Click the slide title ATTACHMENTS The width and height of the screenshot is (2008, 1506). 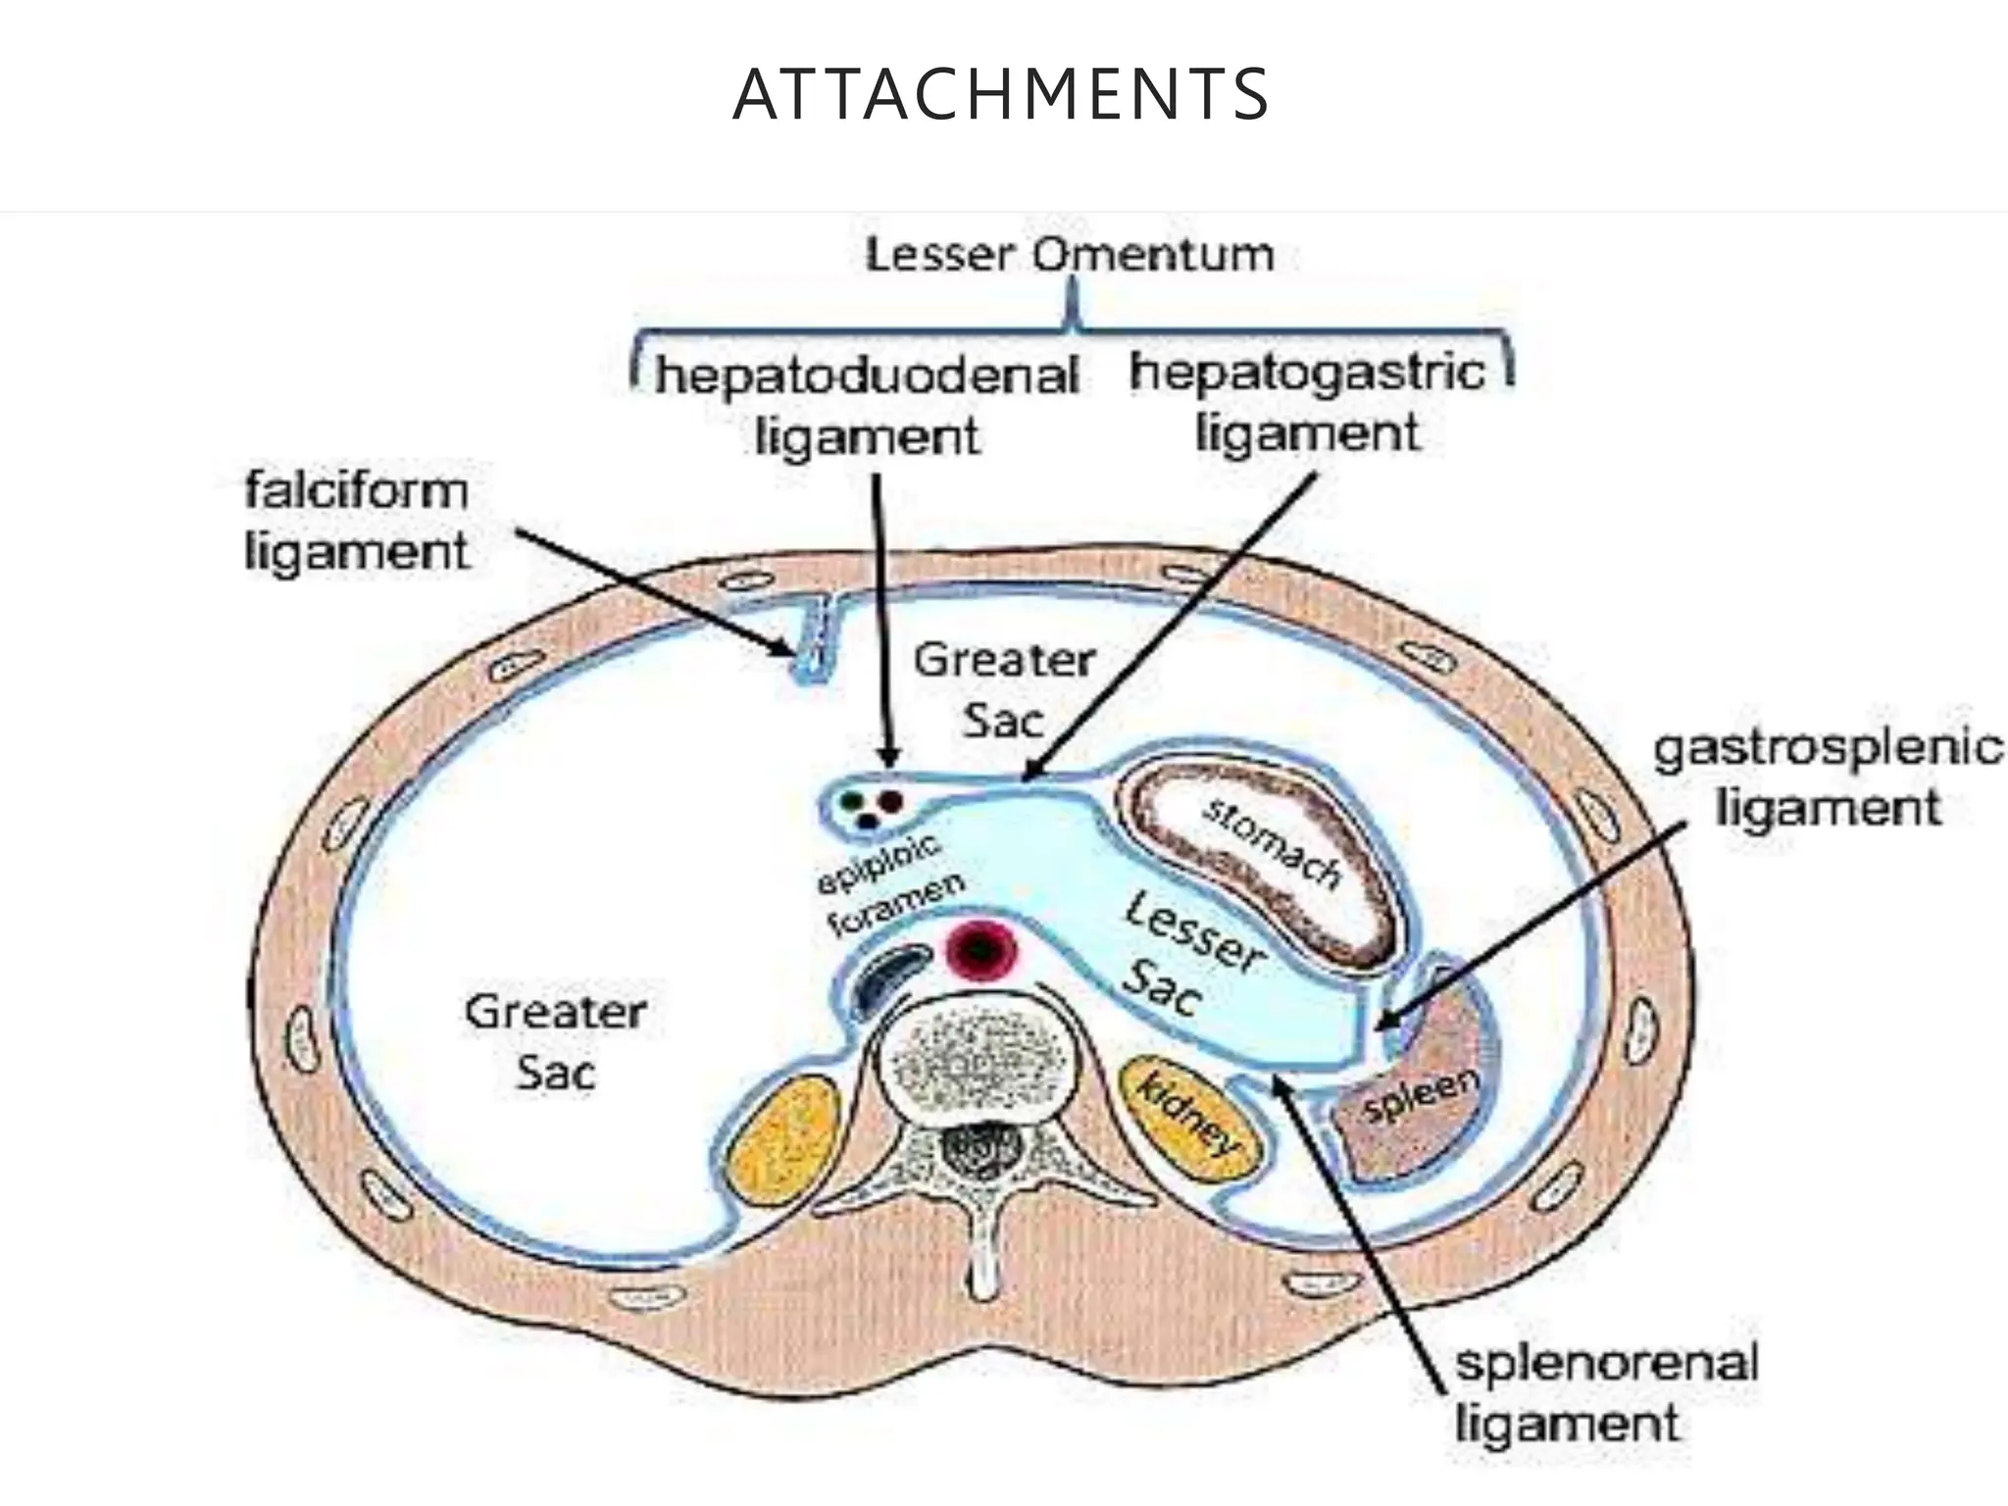tap(1001, 95)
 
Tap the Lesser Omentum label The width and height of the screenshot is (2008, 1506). tap(1070, 255)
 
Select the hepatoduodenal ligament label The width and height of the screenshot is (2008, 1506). tap(867, 405)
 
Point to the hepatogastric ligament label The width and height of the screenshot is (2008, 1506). tap(1307, 402)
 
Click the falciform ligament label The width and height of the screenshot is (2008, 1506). tap(356, 520)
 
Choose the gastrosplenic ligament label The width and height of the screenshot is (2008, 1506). tap(1828, 778)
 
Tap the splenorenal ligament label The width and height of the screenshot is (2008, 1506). tap(1606, 1392)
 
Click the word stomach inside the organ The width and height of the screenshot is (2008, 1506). tap(1273, 843)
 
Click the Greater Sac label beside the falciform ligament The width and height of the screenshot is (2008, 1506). tap(1004, 690)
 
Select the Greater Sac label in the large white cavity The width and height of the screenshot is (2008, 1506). tap(555, 1041)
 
